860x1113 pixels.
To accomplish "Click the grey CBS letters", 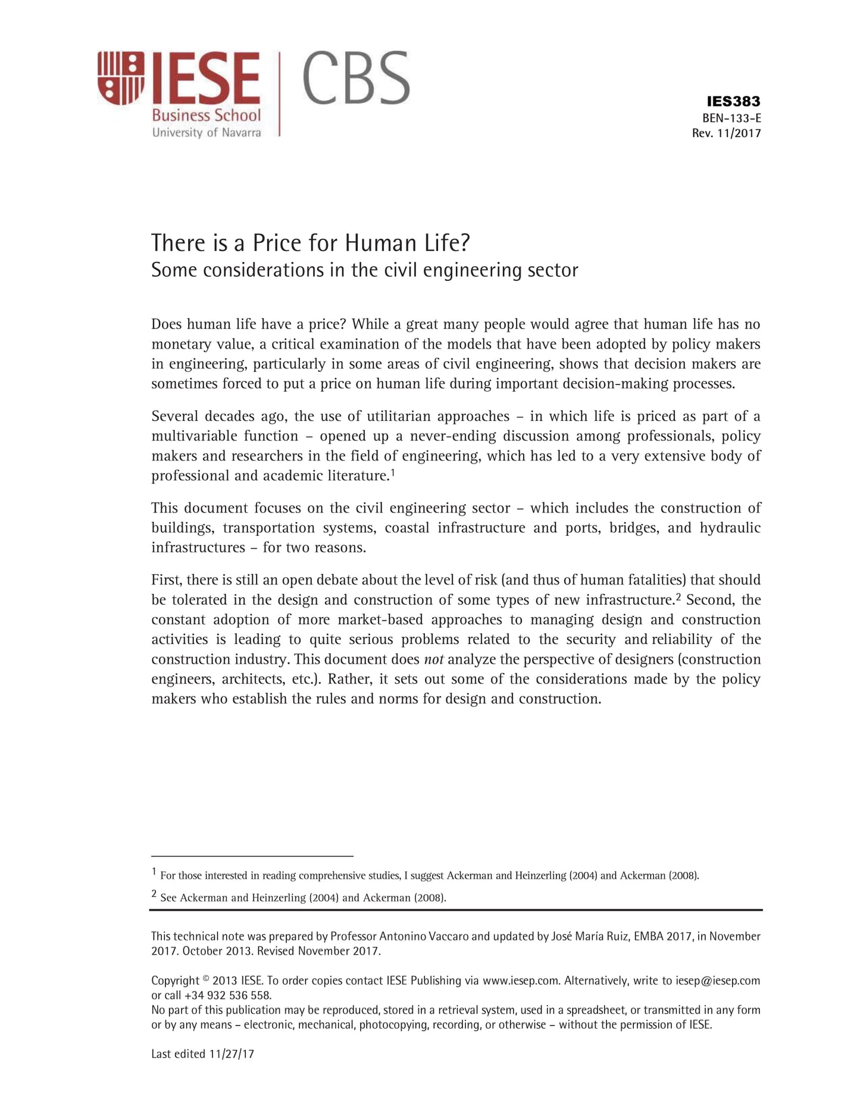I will pos(356,78).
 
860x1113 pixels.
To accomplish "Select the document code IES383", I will pos(733,101).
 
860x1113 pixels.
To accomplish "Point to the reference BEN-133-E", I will pos(731,118).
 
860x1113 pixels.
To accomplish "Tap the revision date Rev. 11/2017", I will pos(726,133).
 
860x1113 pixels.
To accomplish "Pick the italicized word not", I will pos(433,659).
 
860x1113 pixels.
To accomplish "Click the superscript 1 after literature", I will pos(393,473).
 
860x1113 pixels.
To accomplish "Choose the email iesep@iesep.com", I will pos(718,980).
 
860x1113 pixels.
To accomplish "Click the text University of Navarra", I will pos(207,132).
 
